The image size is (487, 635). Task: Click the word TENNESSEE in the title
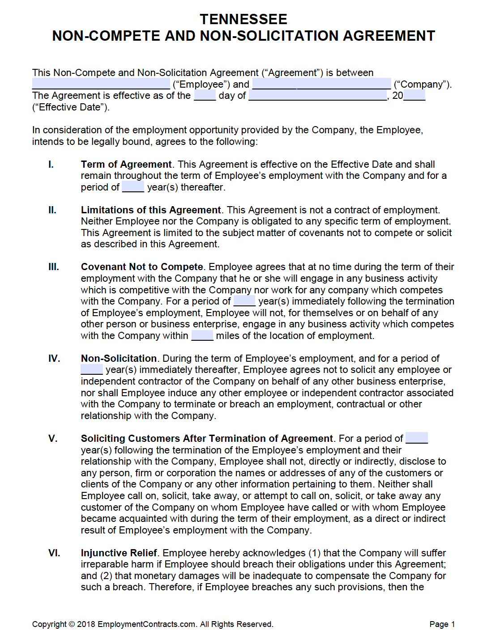(x=243, y=19)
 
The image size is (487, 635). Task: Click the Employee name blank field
(x=101, y=84)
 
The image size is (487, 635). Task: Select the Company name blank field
(x=321, y=84)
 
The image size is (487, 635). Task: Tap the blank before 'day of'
(x=205, y=95)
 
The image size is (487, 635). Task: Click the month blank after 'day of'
(x=318, y=95)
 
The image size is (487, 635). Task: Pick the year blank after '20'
(x=414, y=95)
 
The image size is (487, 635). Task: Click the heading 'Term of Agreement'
(x=126, y=165)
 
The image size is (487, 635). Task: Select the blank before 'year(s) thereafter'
(x=133, y=187)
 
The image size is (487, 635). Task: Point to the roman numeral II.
(x=52, y=210)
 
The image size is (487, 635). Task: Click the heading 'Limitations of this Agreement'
(x=151, y=210)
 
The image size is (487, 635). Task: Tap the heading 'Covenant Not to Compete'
(x=142, y=267)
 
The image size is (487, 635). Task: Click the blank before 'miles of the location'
(x=202, y=336)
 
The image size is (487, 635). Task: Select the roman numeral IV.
(x=54, y=359)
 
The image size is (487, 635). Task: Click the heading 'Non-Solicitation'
(x=119, y=359)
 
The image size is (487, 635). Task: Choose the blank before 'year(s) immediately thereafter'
(x=92, y=370)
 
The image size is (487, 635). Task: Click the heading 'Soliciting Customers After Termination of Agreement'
(x=207, y=439)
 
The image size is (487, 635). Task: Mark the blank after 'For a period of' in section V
(x=417, y=438)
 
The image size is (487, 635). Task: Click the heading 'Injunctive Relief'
(x=119, y=553)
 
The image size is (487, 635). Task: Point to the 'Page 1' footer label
(x=442, y=624)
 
